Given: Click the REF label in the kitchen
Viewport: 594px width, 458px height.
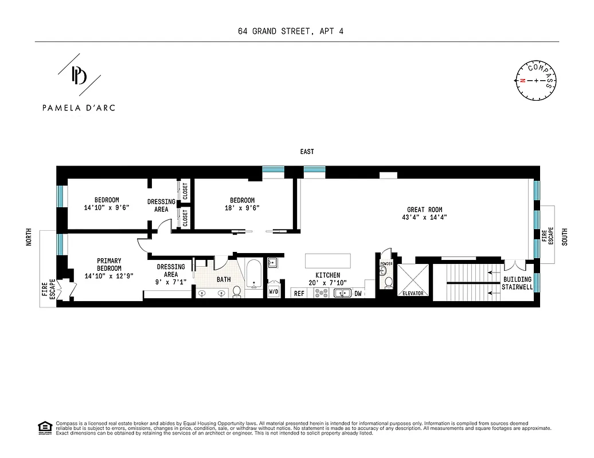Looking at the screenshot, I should [x=299, y=293].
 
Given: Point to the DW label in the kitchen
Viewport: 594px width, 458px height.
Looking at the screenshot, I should [x=358, y=293].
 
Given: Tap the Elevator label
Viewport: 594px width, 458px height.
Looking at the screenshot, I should [x=412, y=293].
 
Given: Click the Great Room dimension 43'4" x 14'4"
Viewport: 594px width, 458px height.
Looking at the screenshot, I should [x=425, y=218].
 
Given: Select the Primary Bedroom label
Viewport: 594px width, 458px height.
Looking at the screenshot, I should [x=109, y=264].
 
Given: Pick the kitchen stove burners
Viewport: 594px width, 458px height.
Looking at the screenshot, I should [x=321, y=293].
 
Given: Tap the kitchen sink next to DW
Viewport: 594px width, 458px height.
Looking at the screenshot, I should [x=342, y=293].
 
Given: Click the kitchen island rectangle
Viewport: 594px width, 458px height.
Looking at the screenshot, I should [x=328, y=260].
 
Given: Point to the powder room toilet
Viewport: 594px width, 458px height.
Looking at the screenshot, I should [x=388, y=282].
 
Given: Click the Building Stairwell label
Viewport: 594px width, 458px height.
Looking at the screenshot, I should [x=517, y=283].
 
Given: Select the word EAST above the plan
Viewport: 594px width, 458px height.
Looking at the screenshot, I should [x=307, y=152].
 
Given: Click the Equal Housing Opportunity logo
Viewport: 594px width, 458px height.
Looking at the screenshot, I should [x=44, y=427].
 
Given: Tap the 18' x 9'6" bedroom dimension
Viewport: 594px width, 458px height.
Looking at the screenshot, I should [x=242, y=208].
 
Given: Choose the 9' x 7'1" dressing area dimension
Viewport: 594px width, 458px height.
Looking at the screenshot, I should [x=171, y=282].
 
